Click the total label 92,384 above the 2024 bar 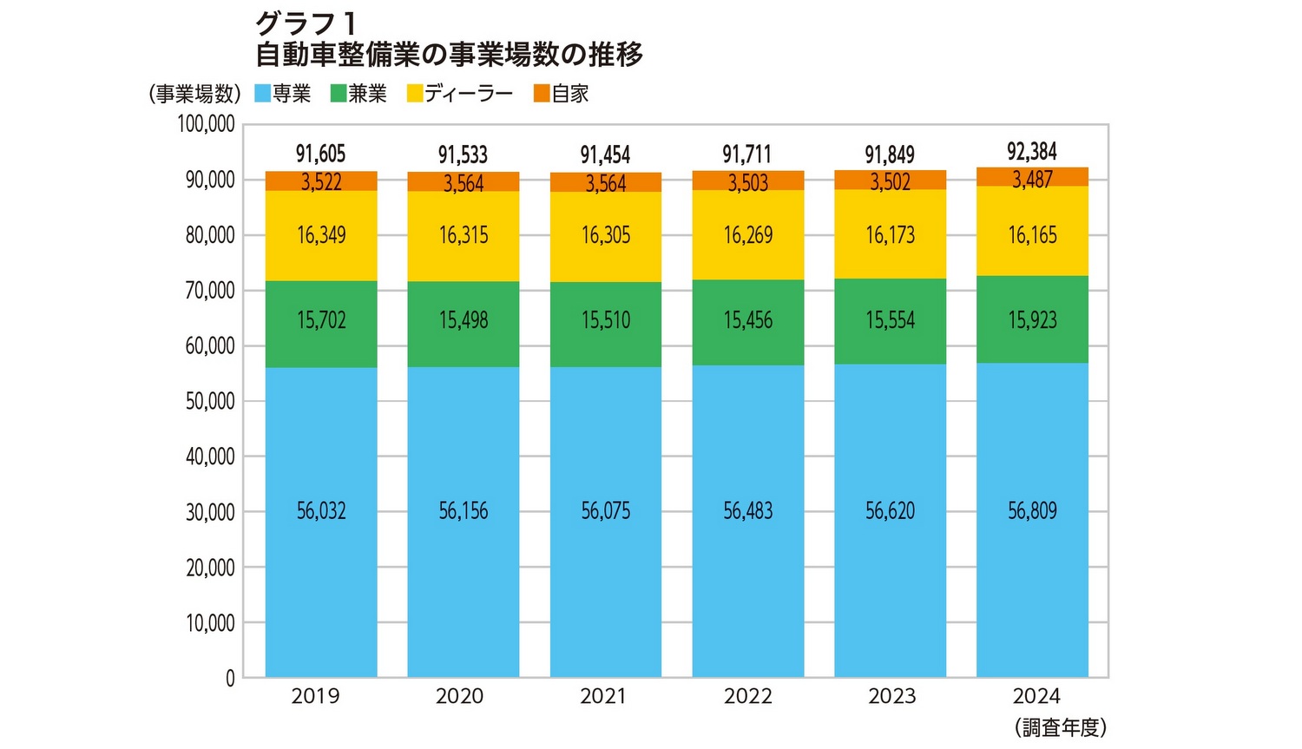pos(1032,152)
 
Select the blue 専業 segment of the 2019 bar pos(321,521)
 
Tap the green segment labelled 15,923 pos(1032,319)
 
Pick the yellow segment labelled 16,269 pos(747,235)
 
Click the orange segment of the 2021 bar pos(606,183)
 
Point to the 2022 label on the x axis pos(747,696)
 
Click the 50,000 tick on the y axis pos(210,401)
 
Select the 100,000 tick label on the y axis pos(207,124)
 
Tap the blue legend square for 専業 pos(262,94)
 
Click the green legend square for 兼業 pos(339,94)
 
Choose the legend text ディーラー pos(469,94)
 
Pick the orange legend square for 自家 pos(542,94)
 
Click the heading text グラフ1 pos(305,23)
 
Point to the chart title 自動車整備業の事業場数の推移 pos(449,55)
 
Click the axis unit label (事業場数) pos(194,94)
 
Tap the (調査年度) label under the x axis pos(1061,727)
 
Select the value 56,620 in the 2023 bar pos(890,511)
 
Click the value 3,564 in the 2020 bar pos(464,183)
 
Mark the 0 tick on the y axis pos(230,679)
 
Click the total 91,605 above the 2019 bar pos(321,154)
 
